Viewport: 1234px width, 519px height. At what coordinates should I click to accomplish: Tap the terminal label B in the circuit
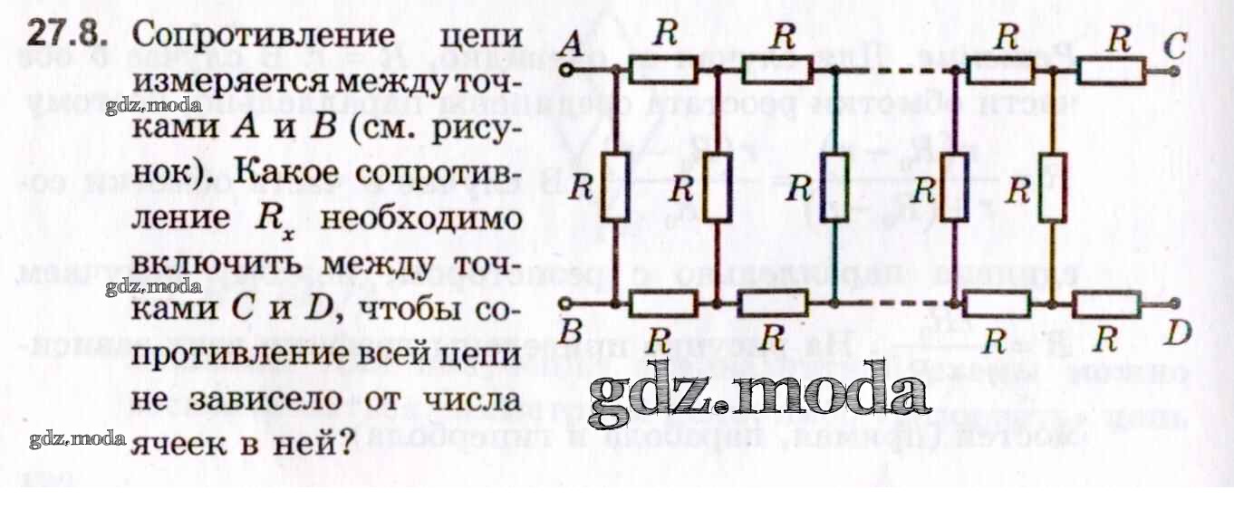(x=570, y=332)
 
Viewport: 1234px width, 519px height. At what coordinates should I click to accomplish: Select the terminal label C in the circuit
(x=1175, y=43)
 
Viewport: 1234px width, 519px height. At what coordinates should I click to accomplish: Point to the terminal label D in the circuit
(x=1177, y=336)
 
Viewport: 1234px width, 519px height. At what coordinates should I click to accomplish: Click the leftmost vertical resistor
(x=616, y=187)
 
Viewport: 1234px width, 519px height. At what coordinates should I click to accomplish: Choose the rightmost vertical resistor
(x=1052, y=187)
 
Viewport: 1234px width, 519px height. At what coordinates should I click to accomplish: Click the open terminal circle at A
(x=566, y=70)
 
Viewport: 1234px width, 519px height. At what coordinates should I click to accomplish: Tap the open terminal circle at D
(x=1175, y=303)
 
